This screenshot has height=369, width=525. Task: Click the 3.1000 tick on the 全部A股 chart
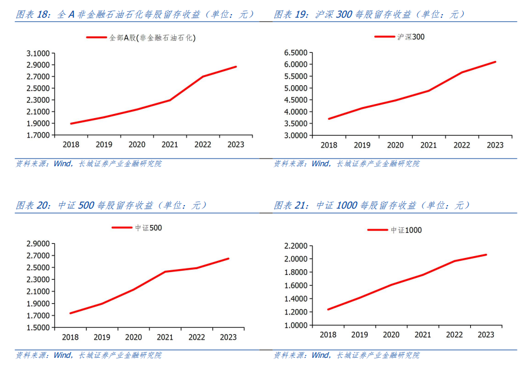pos(38,53)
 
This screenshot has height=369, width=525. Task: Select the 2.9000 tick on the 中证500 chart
pos(38,244)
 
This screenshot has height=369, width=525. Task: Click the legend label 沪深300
pos(411,37)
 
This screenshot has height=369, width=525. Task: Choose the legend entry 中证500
pos(148,228)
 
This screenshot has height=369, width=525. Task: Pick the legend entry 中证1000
pos(406,230)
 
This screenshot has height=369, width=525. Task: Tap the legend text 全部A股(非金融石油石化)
pos(152,38)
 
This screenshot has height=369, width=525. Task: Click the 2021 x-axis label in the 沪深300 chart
pos(428,145)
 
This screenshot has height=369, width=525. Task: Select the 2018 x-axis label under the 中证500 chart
pos(70,337)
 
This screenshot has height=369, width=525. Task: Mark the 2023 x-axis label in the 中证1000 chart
pos(486,334)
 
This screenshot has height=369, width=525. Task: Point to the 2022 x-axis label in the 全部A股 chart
pos(203,145)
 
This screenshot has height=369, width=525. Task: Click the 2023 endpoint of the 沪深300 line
pos(496,62)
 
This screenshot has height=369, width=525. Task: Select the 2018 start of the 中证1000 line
pos(328,310)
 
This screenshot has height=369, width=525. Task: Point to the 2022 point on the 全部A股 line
pos(203,76)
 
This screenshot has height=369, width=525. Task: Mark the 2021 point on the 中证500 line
pos(165,271)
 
